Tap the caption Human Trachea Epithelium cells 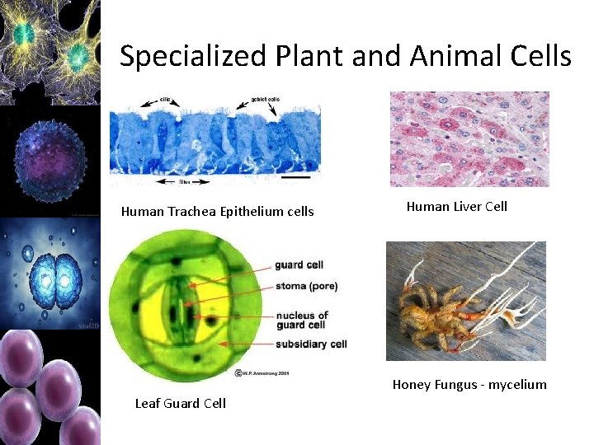click(217, 212)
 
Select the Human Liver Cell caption click(457, 206)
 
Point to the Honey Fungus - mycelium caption click(469, 384)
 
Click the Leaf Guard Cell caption click(180, 403)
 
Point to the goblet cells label click(266, 99)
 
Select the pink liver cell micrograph click(469, 138)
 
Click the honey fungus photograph click(465, 301)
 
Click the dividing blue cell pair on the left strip click(50, 274)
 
